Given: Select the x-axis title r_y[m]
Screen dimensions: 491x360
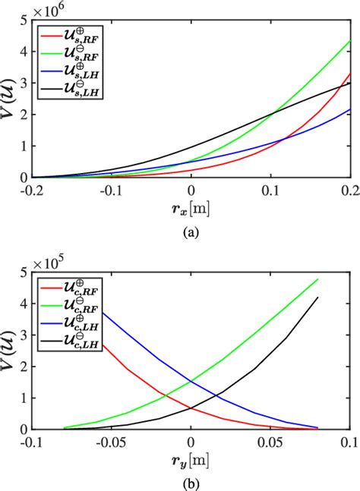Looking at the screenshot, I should [x=191, y=460].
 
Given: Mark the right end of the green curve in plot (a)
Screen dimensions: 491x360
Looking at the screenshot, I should [x=349, y=40].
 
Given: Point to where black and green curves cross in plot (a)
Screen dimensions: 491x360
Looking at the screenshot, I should [x=271, y=115].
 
